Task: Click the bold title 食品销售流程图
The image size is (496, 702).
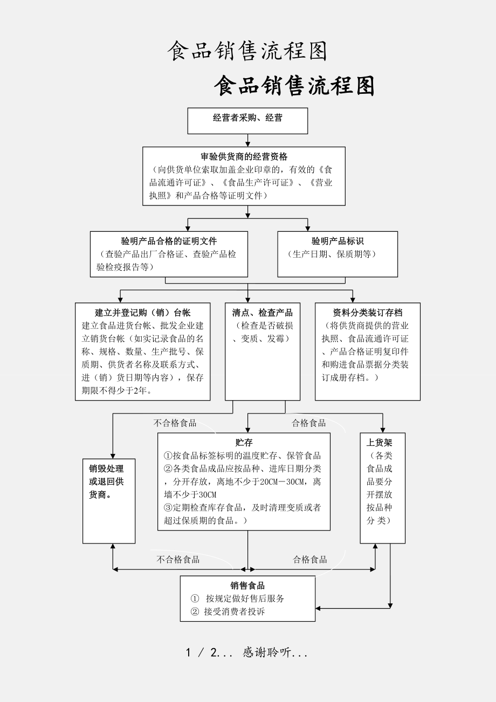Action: pos(294,85)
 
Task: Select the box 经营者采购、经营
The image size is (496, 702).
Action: pos(247,120)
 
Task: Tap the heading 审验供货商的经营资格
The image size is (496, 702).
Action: pos(244,157)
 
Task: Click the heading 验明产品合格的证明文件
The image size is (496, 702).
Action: pos(169,241)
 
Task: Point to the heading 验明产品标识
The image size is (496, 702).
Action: pos(337,241)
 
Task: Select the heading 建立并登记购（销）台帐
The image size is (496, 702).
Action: pos(142,312)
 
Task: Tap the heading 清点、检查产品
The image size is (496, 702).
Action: pos(263,312)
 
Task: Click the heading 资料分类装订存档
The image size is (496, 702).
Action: pos(367,312)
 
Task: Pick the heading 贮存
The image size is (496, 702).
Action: pos(244,443)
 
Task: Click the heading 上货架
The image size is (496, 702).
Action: pos(379,443)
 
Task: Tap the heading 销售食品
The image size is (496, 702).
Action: pos(247,586)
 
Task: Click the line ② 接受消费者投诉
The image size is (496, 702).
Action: pos(228,611)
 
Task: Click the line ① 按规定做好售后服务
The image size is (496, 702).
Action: pos(237,598)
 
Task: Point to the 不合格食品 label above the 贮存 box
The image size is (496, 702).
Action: pos(175,423)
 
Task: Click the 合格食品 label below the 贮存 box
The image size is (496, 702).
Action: pos(310,560)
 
